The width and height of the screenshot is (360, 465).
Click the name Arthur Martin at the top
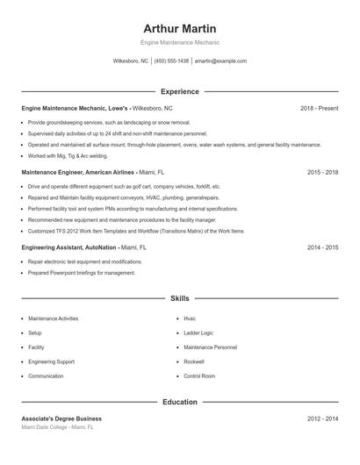click(180, 29)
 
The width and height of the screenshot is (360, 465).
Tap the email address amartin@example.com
click(220, 61)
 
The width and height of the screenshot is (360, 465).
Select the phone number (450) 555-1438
click(171, 61)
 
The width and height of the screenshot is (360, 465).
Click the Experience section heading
click(180, 91)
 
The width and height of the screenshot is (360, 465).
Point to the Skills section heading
click(180, 299)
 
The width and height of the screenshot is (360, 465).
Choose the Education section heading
click(180, 402)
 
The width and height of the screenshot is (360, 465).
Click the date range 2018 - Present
click(319, 108)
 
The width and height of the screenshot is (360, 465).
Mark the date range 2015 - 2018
click(322, 173)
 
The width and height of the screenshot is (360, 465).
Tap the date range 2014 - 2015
click(322, 248)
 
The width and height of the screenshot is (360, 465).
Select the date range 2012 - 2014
click(322, 419)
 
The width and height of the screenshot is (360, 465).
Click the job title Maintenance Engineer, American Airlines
click(78, 173)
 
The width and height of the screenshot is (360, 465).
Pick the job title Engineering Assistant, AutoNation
click(69, 248)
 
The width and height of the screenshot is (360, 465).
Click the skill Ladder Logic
click(198, 333)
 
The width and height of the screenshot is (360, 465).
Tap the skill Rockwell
click(194, 361)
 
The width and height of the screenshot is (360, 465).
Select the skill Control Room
click(199, 376)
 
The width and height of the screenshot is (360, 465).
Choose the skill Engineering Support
click(51, 361)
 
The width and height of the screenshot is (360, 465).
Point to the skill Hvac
click(190, 318)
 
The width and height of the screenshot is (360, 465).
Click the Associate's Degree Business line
click(61, 419)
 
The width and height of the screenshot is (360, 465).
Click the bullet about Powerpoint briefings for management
click(82, 273)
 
